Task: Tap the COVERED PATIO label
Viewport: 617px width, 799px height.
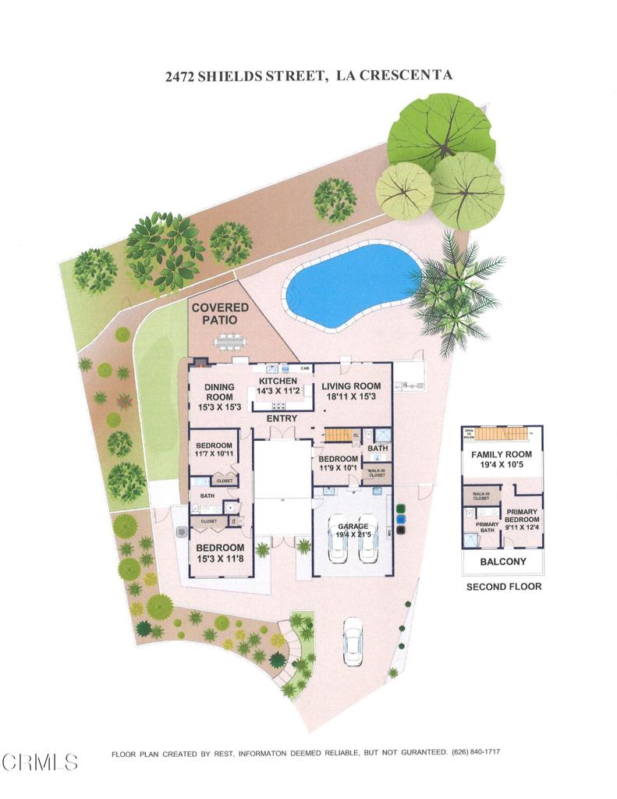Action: pyautogui.click(x=221, y=314)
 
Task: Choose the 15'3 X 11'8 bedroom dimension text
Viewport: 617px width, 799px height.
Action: pyautogui.click(x=221, y=559)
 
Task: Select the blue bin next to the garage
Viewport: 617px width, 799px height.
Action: pyautogui.click(x=401, y=517)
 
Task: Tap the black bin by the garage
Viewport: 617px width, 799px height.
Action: pyautogui.click(x=401, y=529)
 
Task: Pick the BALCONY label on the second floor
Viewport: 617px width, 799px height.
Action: pyautogui.click(x=503, y=562)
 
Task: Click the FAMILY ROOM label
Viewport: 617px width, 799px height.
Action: pyautogui.click(x=502, y=455)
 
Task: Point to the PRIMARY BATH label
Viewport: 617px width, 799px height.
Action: pyautogui.click(x=488, y=527)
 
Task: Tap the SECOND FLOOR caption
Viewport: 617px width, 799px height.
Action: pyautogui.click(x=503, y=587)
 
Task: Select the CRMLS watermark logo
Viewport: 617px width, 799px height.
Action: pyautogui.click(x=39, y=762)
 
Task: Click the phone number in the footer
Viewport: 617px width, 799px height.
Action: pyautogui.click(x=477, y=753)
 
